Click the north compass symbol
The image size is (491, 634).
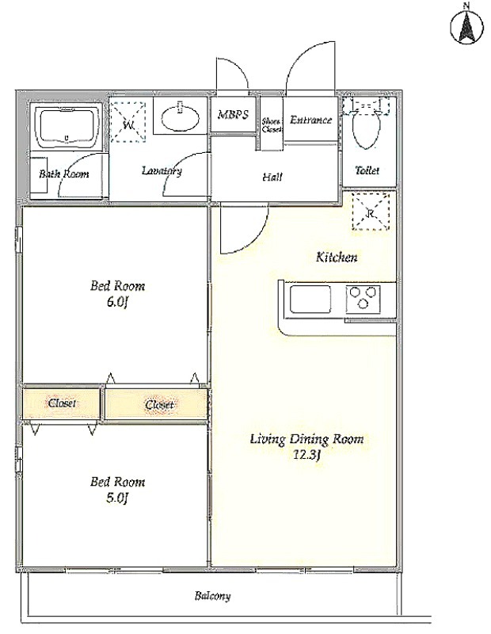point(466,27)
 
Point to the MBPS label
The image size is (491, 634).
point(233,115)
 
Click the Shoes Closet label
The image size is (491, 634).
point(271,125)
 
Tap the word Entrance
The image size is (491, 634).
point(310,120)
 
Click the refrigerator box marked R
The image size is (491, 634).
point(371,212)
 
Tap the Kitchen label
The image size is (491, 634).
point(337,257)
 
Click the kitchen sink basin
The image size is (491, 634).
point(310,300)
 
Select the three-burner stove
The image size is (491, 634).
point(363,299)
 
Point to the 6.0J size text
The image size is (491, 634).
point(117,303)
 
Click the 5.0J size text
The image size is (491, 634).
point(117,498)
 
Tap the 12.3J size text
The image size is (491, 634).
point(307,455)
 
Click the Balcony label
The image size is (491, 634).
point(212,596)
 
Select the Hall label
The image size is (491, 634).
point(272,177)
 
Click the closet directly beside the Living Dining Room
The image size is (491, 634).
point(157,403)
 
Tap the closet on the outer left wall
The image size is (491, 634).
point(61,403)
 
